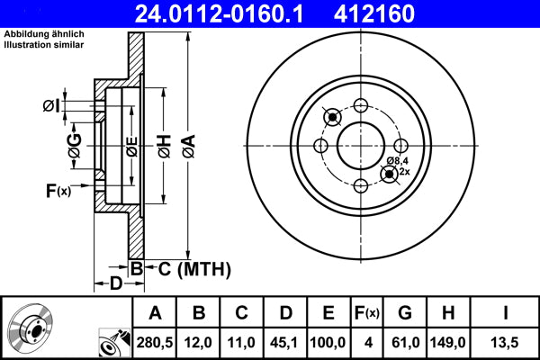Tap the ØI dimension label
(x=50, y=106)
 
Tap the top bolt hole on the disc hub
(x=361, y=104)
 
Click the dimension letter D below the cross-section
(x=115, y=284)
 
